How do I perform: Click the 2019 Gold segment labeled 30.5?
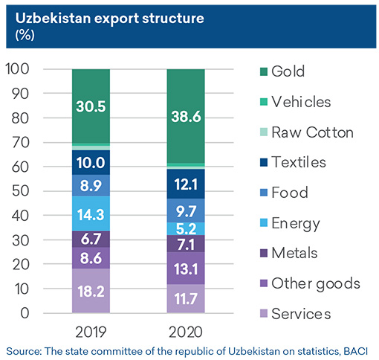[x=91, y=106]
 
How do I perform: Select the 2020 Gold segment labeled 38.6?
[x=186, y=116]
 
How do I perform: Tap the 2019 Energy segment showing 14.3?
[x=91, y=213]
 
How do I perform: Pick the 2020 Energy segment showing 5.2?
[x=186, y=228]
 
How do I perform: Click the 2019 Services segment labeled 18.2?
[x=91, y=291]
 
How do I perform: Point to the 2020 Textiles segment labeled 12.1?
[x=186, y=184]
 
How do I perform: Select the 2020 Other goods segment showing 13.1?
[x=186, y=269]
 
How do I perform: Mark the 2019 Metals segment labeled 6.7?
[x=91, y=239]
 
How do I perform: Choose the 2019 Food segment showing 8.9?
[x=91, y=185]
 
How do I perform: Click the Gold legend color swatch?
[x=264, y=71]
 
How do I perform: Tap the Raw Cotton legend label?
[x=312, y=132]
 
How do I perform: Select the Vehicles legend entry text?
[x=301, y=102]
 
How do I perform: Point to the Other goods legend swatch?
[x=264, y=283]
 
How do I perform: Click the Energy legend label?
[x=296, y=224]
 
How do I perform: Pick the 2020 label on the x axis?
[x=186, y=332]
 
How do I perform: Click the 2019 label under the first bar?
[x=91, y=332]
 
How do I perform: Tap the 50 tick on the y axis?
[x=21, y=191]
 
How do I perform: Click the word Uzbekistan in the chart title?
[x=54, y=19]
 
